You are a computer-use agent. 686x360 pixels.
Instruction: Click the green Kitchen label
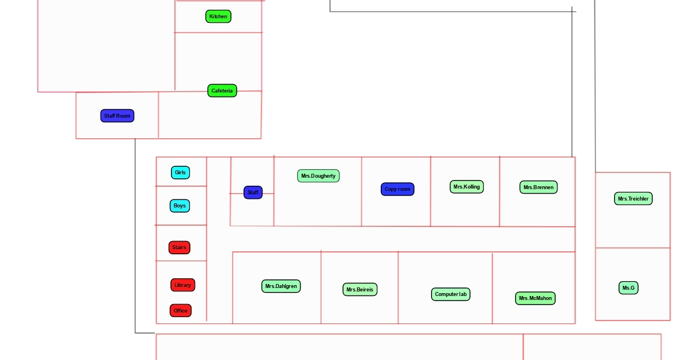(218, 17)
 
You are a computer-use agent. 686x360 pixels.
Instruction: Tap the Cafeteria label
(222, 91)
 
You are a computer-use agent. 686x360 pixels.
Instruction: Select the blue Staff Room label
(117, 116)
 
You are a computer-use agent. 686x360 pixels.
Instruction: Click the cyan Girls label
(180, 173)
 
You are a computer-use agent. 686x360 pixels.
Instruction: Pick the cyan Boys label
(180, 206)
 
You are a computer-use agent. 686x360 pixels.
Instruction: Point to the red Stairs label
(180, 248)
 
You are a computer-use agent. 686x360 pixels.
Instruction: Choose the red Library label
(183, 285)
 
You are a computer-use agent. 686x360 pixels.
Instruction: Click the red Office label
(181, 311)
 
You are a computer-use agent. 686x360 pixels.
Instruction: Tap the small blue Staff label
(253, 193)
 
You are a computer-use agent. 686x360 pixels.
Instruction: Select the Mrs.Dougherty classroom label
(318, 176)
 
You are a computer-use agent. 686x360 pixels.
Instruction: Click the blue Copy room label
(397, 189)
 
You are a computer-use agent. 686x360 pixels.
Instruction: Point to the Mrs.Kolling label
(466, 187)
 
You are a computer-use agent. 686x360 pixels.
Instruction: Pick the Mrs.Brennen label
(539, 187)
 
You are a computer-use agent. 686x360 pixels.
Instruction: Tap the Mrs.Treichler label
(633, 199)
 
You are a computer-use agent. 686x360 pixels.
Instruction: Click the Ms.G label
(628, 288)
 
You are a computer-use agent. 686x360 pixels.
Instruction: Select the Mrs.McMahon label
(535, 298)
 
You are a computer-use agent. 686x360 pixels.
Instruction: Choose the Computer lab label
(451, 295)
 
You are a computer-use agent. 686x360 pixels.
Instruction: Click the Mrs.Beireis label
(360, 290)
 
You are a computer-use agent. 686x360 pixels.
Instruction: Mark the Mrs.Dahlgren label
(281, 286)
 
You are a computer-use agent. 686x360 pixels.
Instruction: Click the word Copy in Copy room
(390, 189)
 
